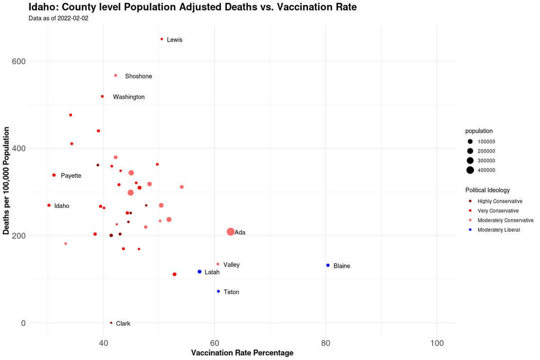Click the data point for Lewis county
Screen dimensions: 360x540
(x=162, y=39)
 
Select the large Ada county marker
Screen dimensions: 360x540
(x=231, y=232)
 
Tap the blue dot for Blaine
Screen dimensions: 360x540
(x=328, y=265)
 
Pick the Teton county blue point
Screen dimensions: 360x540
(x=218, y=291)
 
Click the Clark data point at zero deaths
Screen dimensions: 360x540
(x=111, y=323)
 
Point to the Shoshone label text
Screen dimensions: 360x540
(x=138, y=76)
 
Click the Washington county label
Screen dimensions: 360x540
(x=129, y=97)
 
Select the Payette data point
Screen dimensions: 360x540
(x=54, y=175)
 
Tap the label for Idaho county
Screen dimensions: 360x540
(x=62, y=206)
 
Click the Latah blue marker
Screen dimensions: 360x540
(x=199, y=272)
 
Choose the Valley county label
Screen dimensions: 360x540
(x=231, y=265)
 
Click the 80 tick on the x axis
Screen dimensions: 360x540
(x=325, y=342)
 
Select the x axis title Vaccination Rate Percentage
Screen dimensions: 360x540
(x=242, y=353)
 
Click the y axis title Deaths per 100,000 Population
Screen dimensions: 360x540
(x=6, y=180)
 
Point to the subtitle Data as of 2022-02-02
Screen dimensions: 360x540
(x=58, y=18)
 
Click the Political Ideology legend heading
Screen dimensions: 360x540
(x=487, y=190)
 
